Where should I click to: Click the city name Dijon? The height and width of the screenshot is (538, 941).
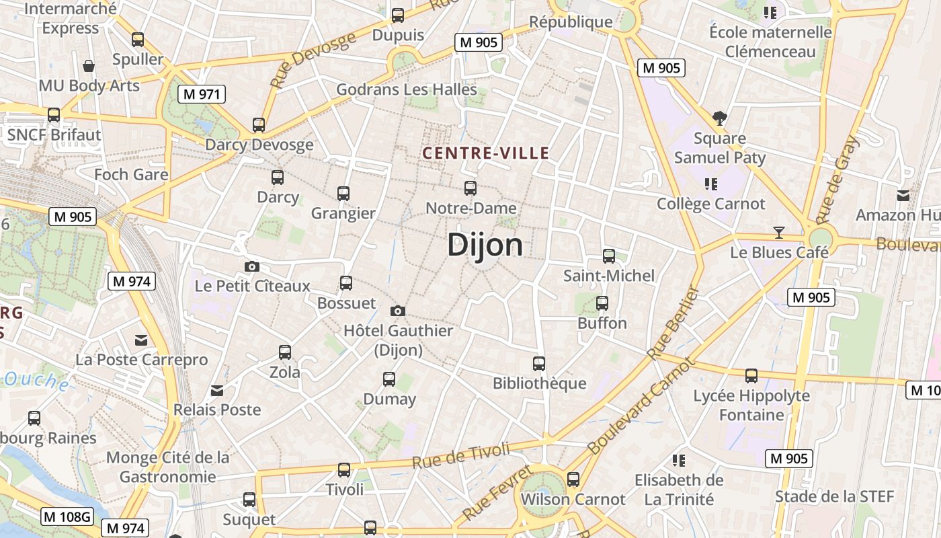pos(485,245)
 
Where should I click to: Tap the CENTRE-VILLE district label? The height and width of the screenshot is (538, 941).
pos(485,153)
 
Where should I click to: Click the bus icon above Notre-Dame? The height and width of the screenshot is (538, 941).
pos(470,188)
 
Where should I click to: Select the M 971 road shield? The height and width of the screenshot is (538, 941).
pos(201,94)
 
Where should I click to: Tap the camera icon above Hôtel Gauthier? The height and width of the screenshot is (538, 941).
pos(398,311)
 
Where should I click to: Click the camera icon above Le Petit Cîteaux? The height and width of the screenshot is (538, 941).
pos(252,266)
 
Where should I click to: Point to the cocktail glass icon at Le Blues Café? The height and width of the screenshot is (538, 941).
pos(779,233)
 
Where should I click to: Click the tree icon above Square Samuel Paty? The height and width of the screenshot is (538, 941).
pos(720,119)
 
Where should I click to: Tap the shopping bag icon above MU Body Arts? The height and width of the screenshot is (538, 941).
pos(88,66)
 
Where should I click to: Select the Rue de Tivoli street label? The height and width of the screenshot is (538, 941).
pos(461,456)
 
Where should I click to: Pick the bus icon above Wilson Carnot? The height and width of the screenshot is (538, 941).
pos(573,479)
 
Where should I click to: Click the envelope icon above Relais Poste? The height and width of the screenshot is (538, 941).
pos(217,390)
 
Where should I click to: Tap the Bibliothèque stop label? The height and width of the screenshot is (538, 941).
pos(539,383)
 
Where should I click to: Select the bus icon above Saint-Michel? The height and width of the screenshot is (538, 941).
pos(609,256)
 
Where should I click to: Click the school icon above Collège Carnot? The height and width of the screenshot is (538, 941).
pos(711,184)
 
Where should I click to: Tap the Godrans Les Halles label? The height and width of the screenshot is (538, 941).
pos(407,89)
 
